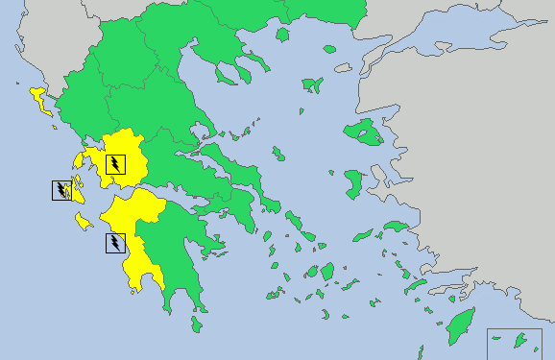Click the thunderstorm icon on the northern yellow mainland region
pyautogui.click(x=115, y=164)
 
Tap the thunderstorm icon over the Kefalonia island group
pyautogui.click(x=61, y=190)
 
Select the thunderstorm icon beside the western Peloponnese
pyautogui.click(x=115, y=243)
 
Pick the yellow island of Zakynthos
pyautogui.click(x=84, y=223)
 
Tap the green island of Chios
pyautogui.click(x=354, y=181)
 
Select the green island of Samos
pyautogui.click(x=395, y=228)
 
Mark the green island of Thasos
pyautogui.click(x=282, y=35)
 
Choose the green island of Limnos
pyautogui.click(x=312, y=85)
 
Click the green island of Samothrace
pyautogui.click(x=329, y=48)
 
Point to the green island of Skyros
pyautogui.click(x=277, y=154)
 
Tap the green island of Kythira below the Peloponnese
pyautogui.click(x=196, y=324)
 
